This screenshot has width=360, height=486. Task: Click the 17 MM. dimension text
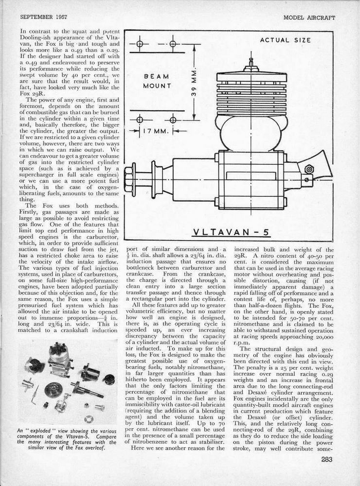pos(157,130)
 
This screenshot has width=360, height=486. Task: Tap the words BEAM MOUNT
pos(157,81)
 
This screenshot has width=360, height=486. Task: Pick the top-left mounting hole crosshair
pos(139,44)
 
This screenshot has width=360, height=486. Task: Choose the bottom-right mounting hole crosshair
pos(173,119)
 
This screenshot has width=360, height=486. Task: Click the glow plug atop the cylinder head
pos(251,64)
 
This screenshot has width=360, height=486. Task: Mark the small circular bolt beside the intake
pos(308,169)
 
